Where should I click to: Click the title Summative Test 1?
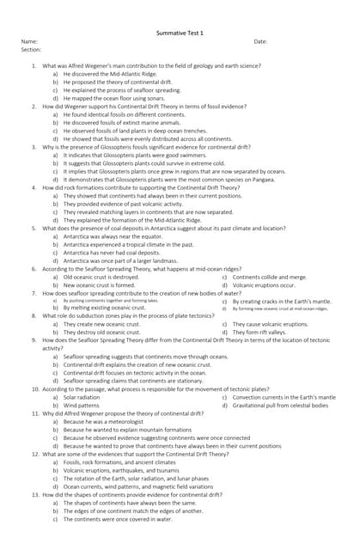pyautogui.click(x=180, y=32)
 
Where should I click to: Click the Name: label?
pyautogui.click(x=29, y=41)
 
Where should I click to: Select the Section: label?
pyautogui.click(x=31, y=50)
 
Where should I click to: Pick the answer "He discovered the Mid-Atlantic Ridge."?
pyautogui.click(x=110, y=74)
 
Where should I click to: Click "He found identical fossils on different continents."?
pyautogui.click(x=124, y=114)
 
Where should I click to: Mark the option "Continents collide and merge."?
pyautogui.click(x=269, y=278)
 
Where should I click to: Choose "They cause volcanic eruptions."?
pyautogui.click(x=270, y=324)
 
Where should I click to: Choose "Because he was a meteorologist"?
pyautogui.click(x=107, y=421)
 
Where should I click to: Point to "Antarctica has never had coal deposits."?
pyautogui.click(x=112, y=253)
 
